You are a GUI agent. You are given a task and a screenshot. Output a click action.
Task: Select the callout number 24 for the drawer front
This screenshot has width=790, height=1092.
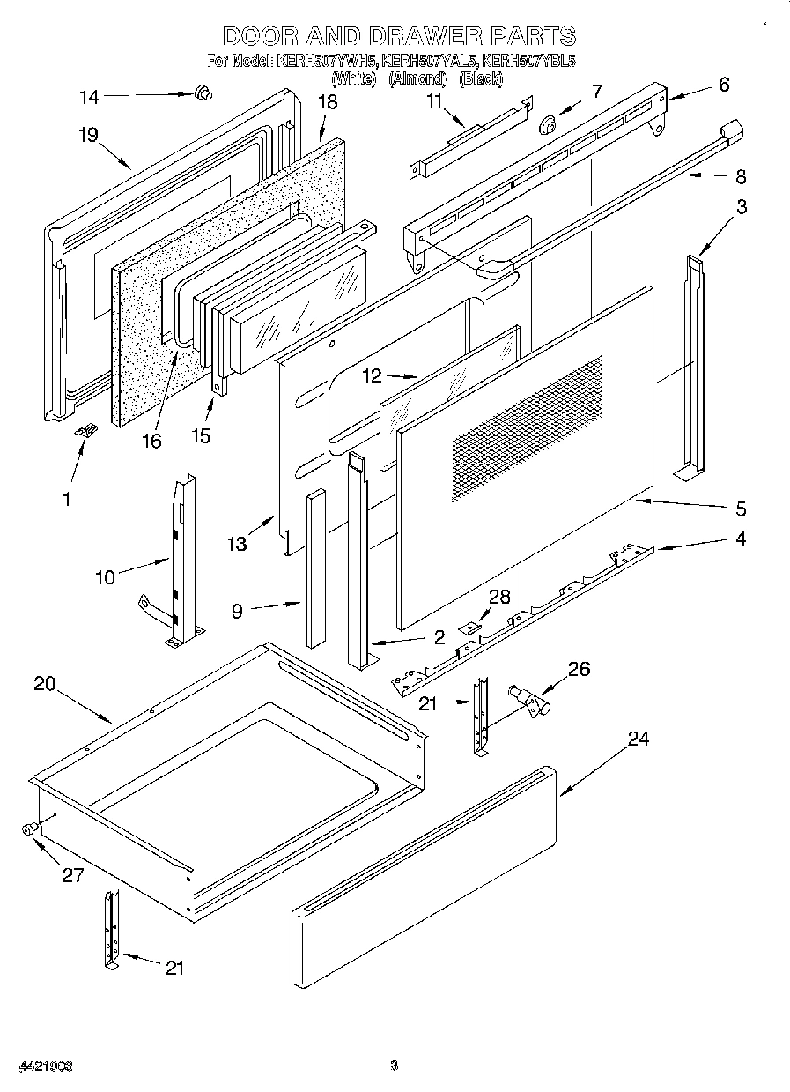tap(638, 739)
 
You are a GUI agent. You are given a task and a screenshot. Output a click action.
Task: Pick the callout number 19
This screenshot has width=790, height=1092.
tap(87, 135)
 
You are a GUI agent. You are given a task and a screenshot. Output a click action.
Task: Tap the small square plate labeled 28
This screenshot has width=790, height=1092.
tap(472, 627)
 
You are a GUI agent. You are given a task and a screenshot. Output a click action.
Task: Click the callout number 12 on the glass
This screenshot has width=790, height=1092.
tap(373, 375)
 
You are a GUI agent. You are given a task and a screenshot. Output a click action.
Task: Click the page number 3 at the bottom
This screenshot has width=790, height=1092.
tap(395, 1066)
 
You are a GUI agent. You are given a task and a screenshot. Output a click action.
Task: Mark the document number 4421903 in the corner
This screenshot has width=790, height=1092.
tap(44, 1066)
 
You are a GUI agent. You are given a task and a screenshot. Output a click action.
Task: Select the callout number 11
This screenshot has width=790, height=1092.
tap(433, 100)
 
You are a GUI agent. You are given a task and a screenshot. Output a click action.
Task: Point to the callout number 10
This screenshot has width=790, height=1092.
tap(105, 578)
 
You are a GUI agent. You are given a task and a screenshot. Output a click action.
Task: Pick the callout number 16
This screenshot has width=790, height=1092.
tap(152, 440)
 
